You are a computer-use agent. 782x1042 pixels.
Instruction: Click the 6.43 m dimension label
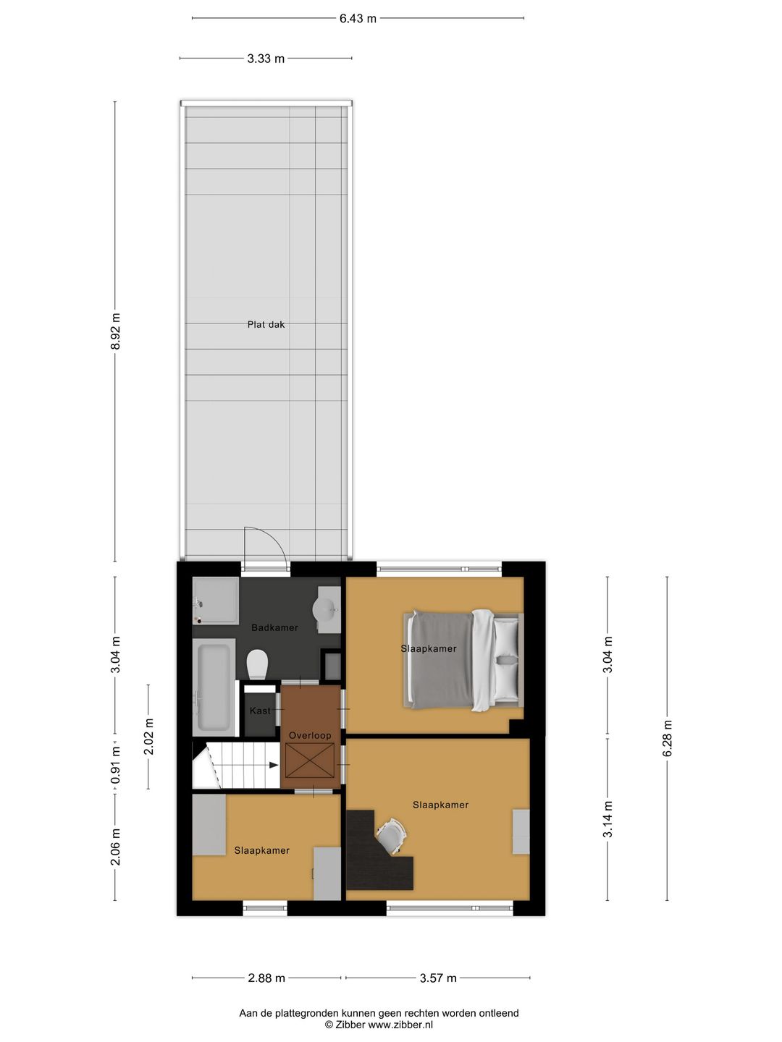click(x=358, y=18)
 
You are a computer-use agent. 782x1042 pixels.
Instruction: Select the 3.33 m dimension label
click(x=266, y=59)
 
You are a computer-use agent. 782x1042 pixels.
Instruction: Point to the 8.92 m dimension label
click(x=116, y=331)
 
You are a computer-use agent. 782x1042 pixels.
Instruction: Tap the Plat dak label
click(x=266, y=325)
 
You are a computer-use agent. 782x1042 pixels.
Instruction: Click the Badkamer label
click(x=274, y=627)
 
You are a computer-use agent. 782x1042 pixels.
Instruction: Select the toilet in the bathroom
click(x=257, y=663)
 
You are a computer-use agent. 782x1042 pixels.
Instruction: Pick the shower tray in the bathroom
click(x=215, y=601)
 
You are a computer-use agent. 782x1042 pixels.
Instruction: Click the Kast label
click(x=260, y=711)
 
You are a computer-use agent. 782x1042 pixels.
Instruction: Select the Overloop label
click(x=310, y=735)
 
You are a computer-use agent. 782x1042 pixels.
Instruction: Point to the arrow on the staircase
click(x=273, y=765)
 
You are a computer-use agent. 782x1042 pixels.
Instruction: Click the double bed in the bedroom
click(x=462, y=658)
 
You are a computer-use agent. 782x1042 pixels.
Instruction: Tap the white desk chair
click(x=391, y=835)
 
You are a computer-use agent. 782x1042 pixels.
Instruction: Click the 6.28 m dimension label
click(x=668, y=738)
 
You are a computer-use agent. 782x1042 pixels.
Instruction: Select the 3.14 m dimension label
click(x=608, y=819)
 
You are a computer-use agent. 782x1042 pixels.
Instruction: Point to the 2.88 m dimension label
click(x=266, y=978)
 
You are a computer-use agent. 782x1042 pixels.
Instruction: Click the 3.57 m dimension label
click(x=438, y=978)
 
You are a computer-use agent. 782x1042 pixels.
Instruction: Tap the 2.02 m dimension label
click(x=149, y=737)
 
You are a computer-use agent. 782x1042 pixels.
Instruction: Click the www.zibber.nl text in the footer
click(x=400, y=1025)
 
